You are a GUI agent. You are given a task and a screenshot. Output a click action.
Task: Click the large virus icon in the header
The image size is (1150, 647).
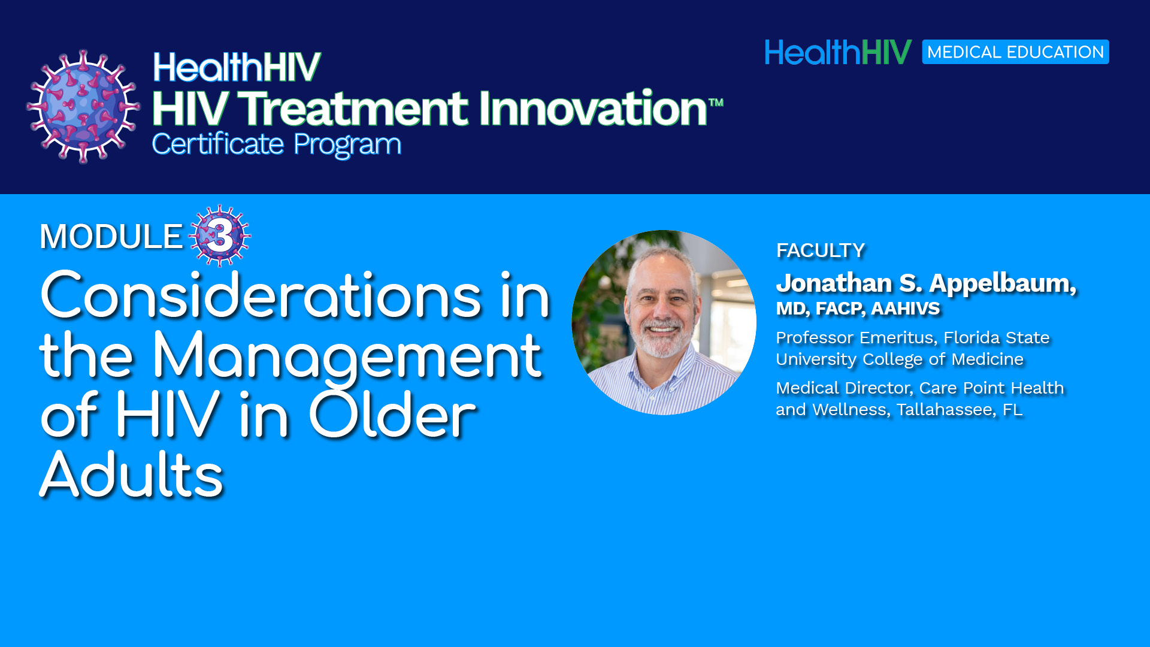tap(83, 107)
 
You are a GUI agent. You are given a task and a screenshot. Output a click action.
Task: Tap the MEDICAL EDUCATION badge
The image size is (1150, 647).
tap(1015, 52)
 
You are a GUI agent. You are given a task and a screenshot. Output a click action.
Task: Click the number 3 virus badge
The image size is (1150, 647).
tap(220, 235)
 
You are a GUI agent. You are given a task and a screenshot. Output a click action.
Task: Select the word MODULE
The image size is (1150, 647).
tap(111, 237)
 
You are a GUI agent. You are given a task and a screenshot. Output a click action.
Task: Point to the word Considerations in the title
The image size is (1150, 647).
tap(261, 295)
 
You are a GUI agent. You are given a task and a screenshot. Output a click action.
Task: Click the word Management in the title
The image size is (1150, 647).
tap(347, 357)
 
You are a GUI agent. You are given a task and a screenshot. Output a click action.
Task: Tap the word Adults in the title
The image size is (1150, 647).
tap(131, 475)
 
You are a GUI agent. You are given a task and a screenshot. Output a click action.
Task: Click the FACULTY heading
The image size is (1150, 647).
tap(821, 250)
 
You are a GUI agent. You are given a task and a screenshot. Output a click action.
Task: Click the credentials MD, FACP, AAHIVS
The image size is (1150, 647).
tap(858, 309)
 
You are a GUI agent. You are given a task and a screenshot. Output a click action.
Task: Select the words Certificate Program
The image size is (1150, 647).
tap(277, 145)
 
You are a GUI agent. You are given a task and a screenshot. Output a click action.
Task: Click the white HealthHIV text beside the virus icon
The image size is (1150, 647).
tap(237, 67)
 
